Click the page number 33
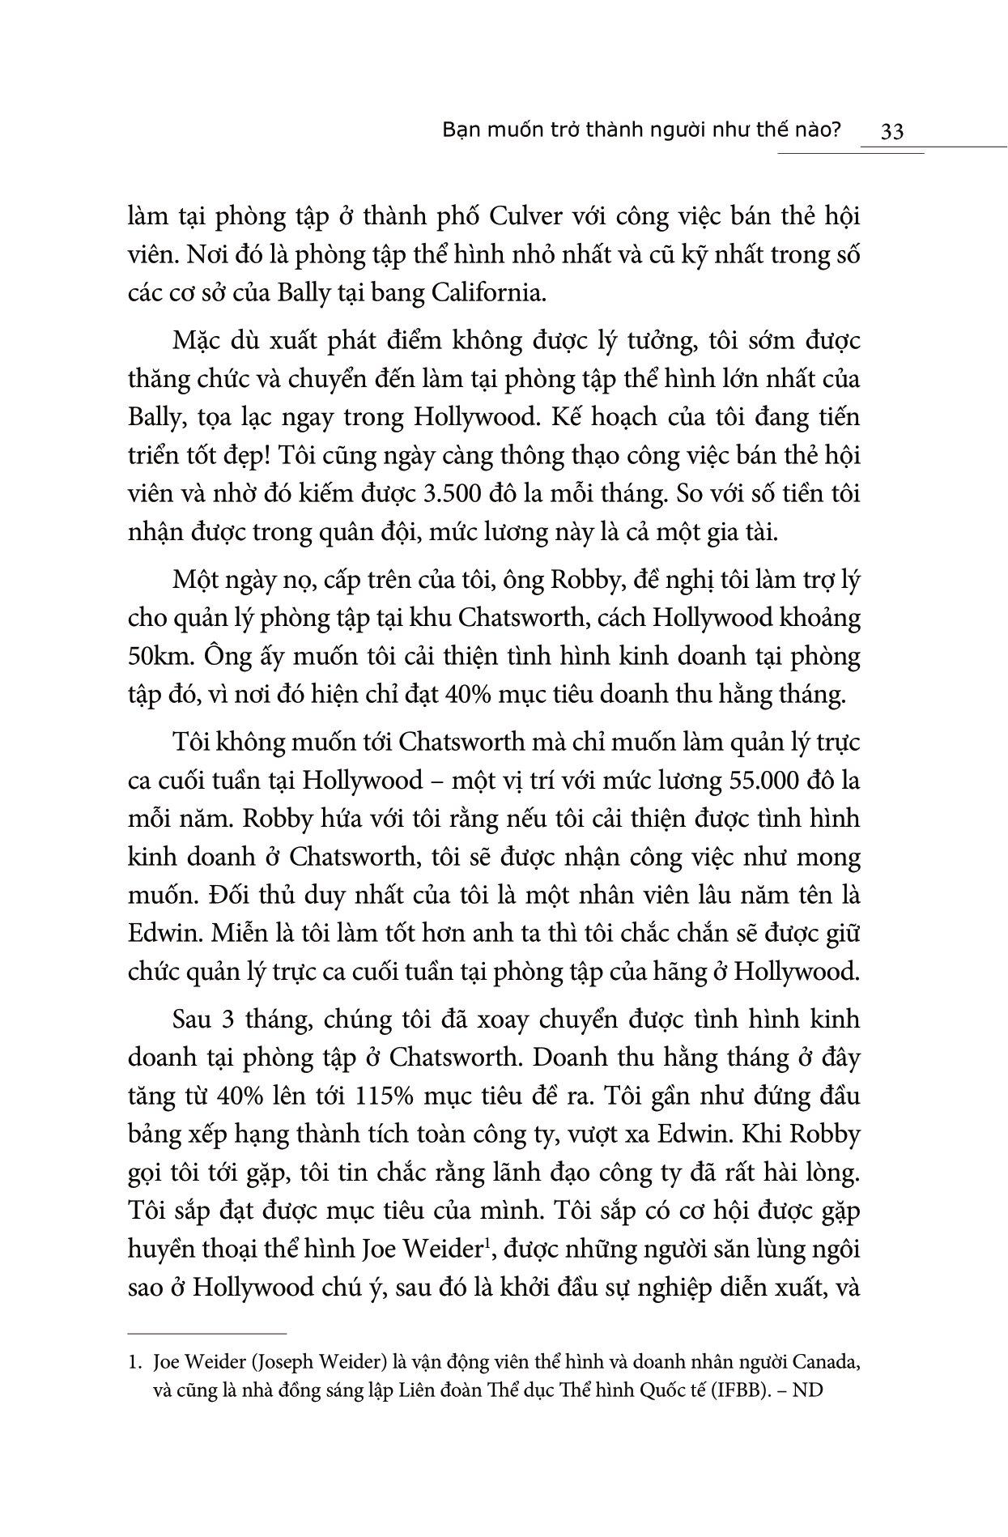[891, 131]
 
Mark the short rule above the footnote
[207, 1333]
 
